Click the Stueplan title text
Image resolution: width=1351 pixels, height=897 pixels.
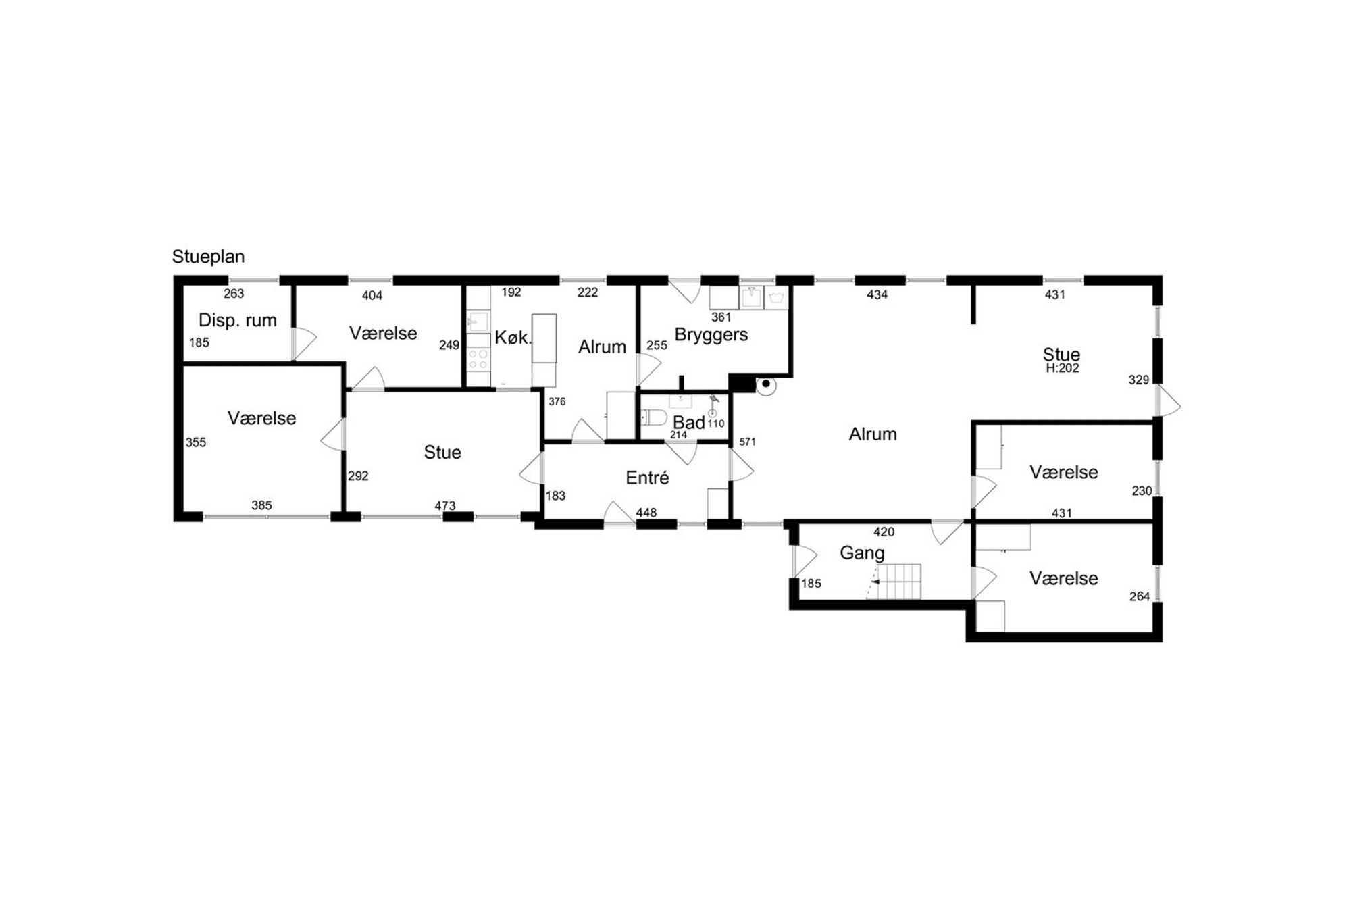pos(208,257)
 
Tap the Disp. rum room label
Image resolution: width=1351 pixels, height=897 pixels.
pos(237,320)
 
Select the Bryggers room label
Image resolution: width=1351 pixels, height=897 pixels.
pos(711,335)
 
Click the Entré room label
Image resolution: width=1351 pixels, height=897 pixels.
pos(647,478)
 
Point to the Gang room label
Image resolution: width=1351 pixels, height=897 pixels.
pos(862,553)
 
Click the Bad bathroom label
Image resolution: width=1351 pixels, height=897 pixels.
pos(688,423)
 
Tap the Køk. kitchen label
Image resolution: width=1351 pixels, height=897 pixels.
pos(513,338)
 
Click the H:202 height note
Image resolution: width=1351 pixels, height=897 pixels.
pos(1062,369)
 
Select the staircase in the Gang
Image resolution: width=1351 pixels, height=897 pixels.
pos(898,582)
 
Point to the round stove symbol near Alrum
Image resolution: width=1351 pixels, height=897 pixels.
pos(766,385)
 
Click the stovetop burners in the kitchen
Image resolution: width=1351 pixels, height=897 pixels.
pos(478,359)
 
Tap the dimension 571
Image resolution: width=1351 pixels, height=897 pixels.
pos(747,442)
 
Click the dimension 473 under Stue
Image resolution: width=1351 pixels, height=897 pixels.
pos(444,505)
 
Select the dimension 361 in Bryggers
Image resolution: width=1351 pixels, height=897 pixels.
pos(721,317)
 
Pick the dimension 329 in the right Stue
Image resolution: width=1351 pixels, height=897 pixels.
pos(1138,380)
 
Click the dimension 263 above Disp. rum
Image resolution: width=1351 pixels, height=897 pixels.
pos(234,294)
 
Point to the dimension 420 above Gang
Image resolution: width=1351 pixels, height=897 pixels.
pos(884,532)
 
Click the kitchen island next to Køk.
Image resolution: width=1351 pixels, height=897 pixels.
pos(544,349)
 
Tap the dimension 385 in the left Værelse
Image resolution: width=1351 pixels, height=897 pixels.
pos(261,505)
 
